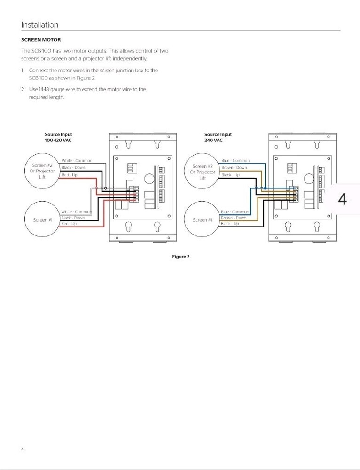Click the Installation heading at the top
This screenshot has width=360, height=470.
39,25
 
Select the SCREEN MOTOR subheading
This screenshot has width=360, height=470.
41,39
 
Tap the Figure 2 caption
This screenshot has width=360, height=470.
180,257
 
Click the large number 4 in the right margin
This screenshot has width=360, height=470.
342,199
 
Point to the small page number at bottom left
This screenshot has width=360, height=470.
23,449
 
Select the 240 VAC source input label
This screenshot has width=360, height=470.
218,137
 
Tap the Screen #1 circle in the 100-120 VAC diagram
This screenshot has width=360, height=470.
43,220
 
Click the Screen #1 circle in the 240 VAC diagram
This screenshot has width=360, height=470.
203,220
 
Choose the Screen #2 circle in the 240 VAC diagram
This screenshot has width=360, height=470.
203,172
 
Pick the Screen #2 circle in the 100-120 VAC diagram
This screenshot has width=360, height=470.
43,171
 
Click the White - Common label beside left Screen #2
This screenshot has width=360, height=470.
77,161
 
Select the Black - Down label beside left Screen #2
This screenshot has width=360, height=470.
73,168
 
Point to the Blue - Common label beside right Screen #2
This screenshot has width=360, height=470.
235,161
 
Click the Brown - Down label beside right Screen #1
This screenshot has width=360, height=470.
234,218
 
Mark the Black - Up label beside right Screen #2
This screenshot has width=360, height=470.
230,175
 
